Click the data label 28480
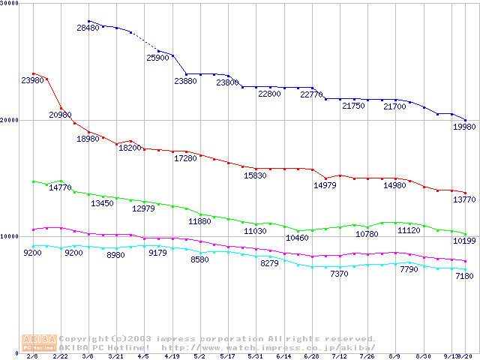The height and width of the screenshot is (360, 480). pyautogui.click(x=88, y=28)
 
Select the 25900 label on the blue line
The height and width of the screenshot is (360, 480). pyautogui.click(x=158, y=58)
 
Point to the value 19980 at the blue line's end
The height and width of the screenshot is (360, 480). pyautogui.click(x=463, y=127)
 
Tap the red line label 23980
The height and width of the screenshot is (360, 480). pyautogui.click(x=33, y=80)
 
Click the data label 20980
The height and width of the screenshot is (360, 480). pyautogui.click(x=61, y=115)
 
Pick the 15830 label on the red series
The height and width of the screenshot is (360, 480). pyautogui.click(x=255, y=175)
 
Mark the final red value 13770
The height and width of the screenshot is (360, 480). pyautogui.click(x=463, y=200)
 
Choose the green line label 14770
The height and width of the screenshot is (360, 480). pyautogui.click(x=61, y=188)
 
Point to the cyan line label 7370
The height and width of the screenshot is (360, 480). pyautogui.click(x=339, y=274)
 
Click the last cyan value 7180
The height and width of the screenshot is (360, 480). pyautogui.click(x=464, y=277)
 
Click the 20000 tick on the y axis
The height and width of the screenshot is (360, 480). pyautogui.click(x=10, y=120)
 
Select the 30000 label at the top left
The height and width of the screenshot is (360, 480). pyautogui.click(x=10, y=4)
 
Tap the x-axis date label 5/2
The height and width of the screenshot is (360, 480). pyautogui.click(x=199, y=356)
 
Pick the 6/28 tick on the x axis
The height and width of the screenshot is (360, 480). pyautogui.click(x=311, y=356)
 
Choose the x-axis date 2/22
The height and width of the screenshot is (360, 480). pyautogui.click(x=60, y=356)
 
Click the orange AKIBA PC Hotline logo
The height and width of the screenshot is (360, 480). pyautogui.click(x=39, y=343)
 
